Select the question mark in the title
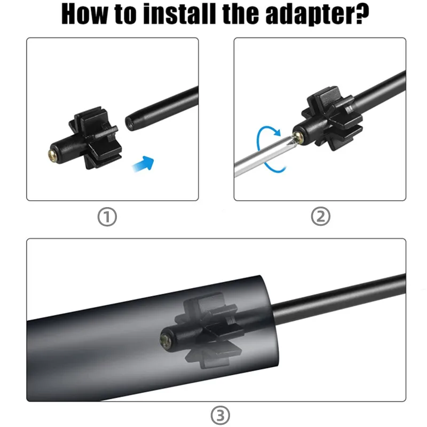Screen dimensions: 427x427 [x=362, y=14]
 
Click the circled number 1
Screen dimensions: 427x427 [x=107, y=217]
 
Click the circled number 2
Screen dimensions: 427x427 [x=321, y=217]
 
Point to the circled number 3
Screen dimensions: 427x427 [x=220, y=415]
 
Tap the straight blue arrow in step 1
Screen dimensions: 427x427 [x=143, y=164]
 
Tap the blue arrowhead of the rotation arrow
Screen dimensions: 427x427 [x=276, y=132]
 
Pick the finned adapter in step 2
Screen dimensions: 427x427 [x=328, y=119]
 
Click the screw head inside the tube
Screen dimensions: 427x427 [x=165, y=341]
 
